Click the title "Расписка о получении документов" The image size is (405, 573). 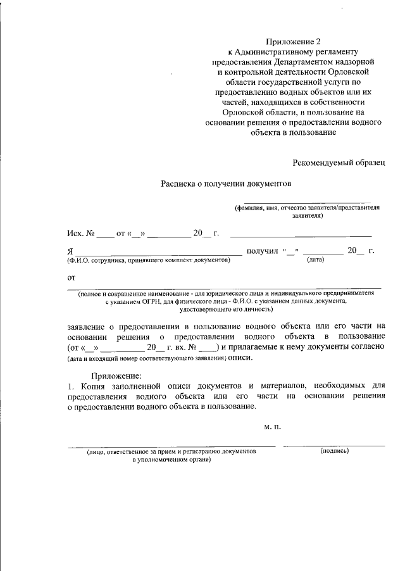pyautogui.click(x=225, y=184)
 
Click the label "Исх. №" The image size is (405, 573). pyautogui.click(x=81, y=234)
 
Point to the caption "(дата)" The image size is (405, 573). pyautogui.click(x=315, y=260)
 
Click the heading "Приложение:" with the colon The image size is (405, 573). pyautogui.click(x=116, y=377)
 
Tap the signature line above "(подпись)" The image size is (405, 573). pyautogui.click(x=333, y=446)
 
